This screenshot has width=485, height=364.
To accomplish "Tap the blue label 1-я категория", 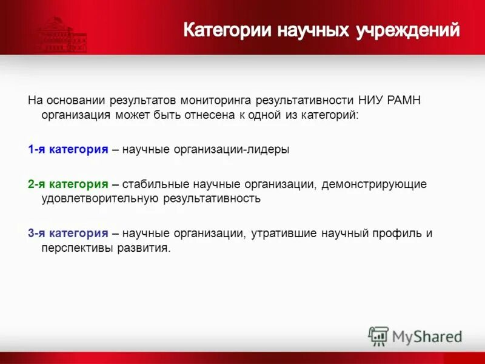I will pos(68,150).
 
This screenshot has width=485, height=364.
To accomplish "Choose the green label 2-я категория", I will pos(68,184).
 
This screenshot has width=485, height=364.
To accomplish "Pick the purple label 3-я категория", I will pos(68,233).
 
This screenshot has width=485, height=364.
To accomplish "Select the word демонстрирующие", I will pos(375,184).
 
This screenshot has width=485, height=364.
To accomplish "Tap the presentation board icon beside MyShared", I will pos(378,335).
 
